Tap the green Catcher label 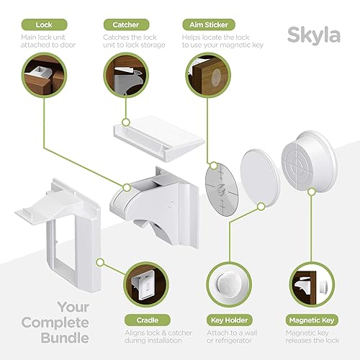coord(126,24)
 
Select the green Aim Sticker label coord(209,24)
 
